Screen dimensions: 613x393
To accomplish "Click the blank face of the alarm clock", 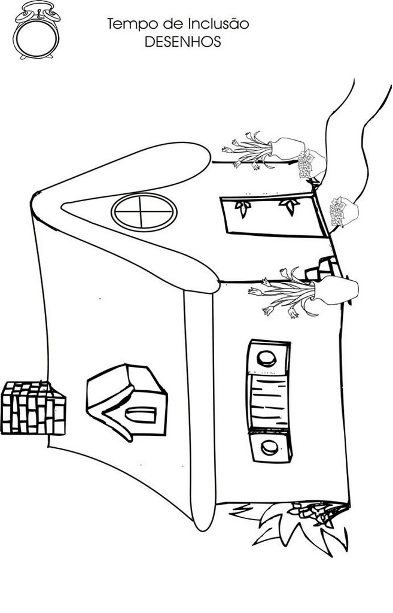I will pyautogui.click(x=36, y=37).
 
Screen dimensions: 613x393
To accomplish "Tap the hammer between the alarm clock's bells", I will pyautogui.click(x=36, y=8).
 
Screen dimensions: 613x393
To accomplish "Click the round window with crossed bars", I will pyautogui.click(x=144, y=211).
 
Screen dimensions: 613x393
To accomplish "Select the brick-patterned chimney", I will pyautogui.click(x=32, y=408).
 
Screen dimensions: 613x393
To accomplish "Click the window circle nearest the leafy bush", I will pyautogui.click(x=269, y=447).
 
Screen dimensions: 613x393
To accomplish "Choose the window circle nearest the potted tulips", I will pyautogui.click(x=266, y=358).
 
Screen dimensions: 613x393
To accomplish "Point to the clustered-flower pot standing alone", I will pyautogui.click(x=344, y=211).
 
